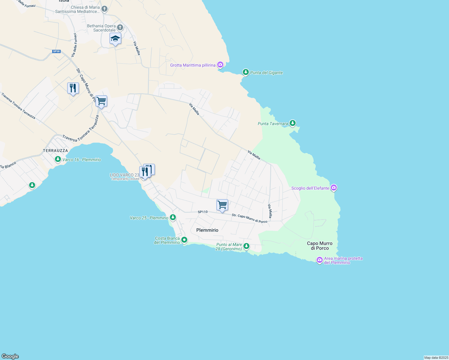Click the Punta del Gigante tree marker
tap(246, 72)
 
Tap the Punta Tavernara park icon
tap(292, 123)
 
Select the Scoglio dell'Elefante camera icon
tap(333, 188)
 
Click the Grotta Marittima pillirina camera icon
tap(220, 65)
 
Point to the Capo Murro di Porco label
tap(320, 246)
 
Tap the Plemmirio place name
tap(207, 230)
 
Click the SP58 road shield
tap(56, 51)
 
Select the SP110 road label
tap(203, 212)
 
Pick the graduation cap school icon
tap(115, 39)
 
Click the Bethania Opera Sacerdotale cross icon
tap(120, 28)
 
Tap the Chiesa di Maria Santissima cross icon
tap(104, 9)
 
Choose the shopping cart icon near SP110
tap(222, 205)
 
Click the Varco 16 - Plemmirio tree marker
tap(58, 159)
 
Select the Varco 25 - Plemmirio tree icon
tap(173, 217)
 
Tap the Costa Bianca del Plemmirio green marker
tap(184, 240)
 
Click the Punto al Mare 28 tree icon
tap(246, 246)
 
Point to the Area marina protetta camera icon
tap(320, 259)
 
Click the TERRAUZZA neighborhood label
tap(56, 151)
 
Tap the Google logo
tap(10, 356)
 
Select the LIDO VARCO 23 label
tap(124, 175)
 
